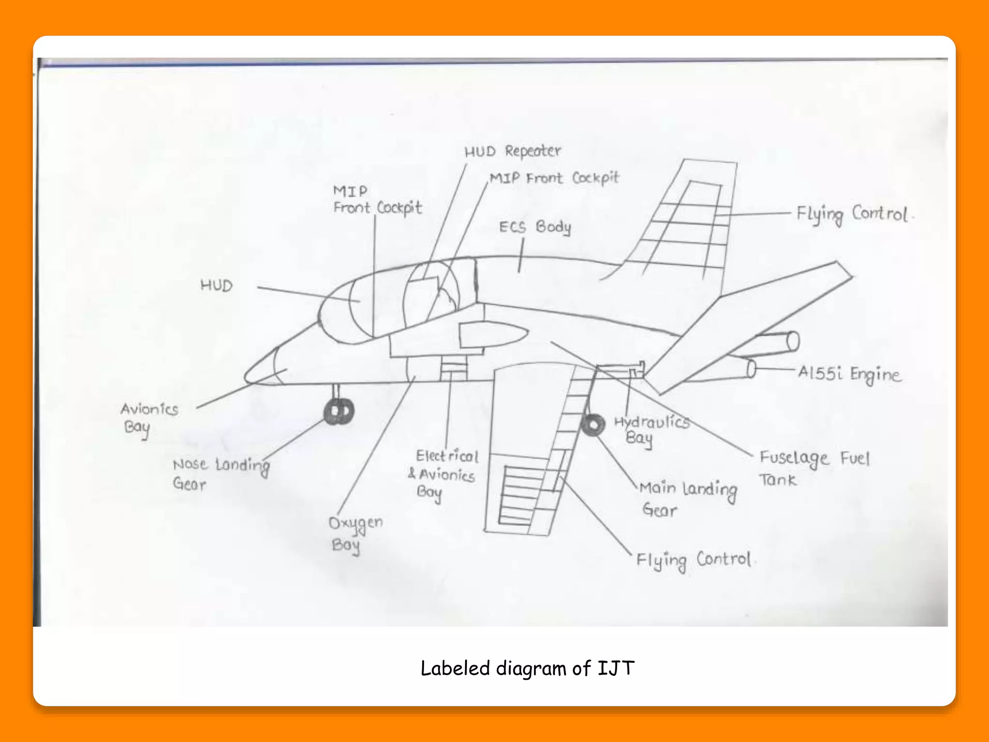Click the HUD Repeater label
click(512, 151)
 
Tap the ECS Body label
click(535, 227)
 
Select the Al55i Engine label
click(849, 374)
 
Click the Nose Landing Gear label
click(220, 474)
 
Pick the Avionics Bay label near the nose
click(149, 418)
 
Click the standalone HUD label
click(216, 285)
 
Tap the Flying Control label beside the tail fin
click(853, 214)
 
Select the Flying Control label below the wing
click(693, 561)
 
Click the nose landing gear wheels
click(339, 412)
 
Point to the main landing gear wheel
click(593, 425)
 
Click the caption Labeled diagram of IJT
click(527, 668)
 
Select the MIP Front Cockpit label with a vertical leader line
click(377, 200)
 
